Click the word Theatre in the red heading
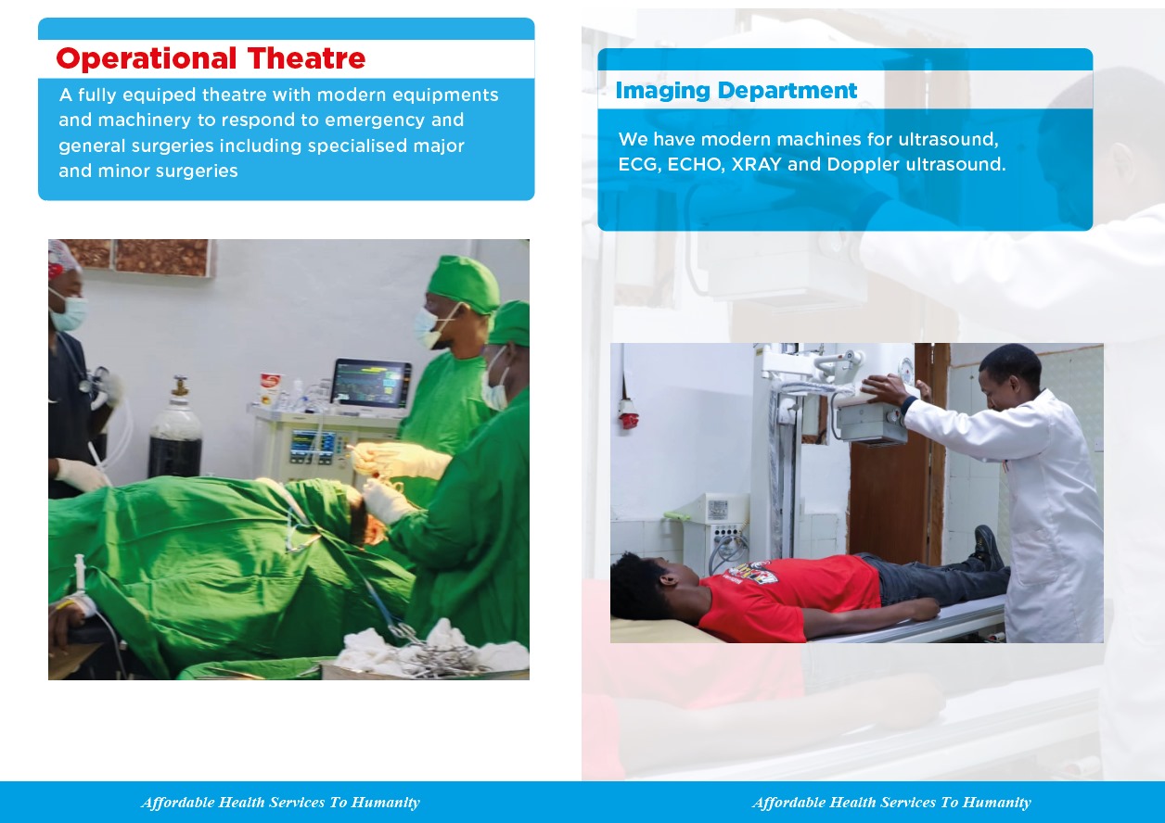pos(306,59)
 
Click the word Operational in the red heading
pos(147,59)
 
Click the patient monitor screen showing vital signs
pos(371,384)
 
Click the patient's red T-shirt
pos(788,593)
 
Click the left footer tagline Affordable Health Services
pos(280,803)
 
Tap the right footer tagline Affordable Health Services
pos(891,803)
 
